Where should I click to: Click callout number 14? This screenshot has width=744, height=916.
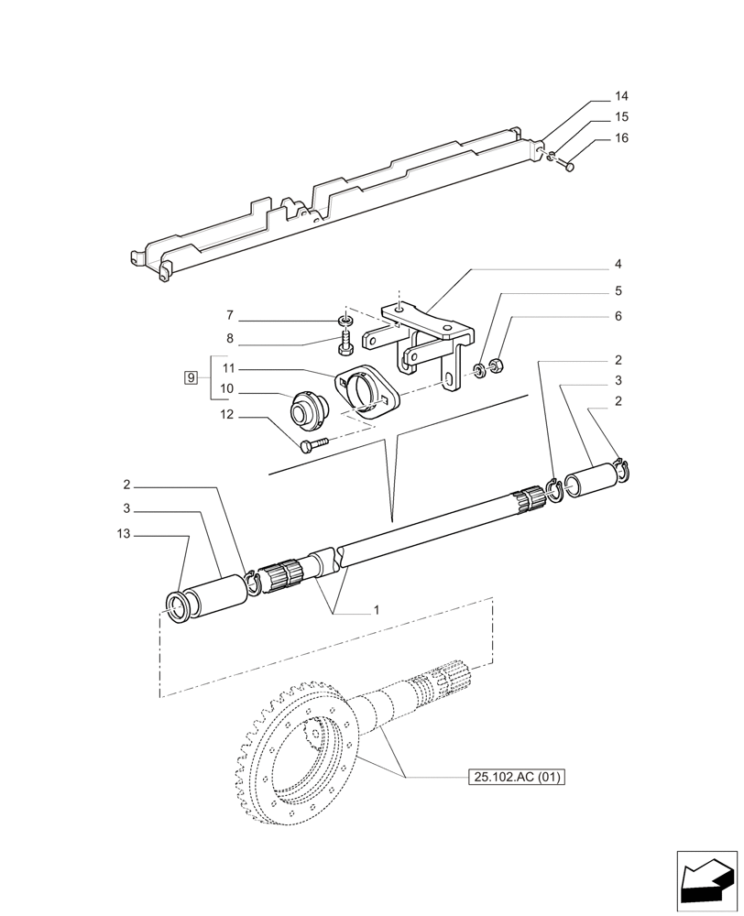621,96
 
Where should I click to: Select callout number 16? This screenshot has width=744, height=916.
621,138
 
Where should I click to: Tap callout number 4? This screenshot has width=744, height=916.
618,265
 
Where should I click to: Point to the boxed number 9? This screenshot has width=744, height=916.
191,377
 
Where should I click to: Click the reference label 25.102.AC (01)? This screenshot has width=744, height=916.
517,779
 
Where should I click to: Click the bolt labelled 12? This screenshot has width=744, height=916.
311,445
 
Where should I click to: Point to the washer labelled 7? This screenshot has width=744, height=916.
345,320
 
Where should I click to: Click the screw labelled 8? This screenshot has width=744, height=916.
346,343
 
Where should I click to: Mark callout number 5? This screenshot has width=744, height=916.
618,291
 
